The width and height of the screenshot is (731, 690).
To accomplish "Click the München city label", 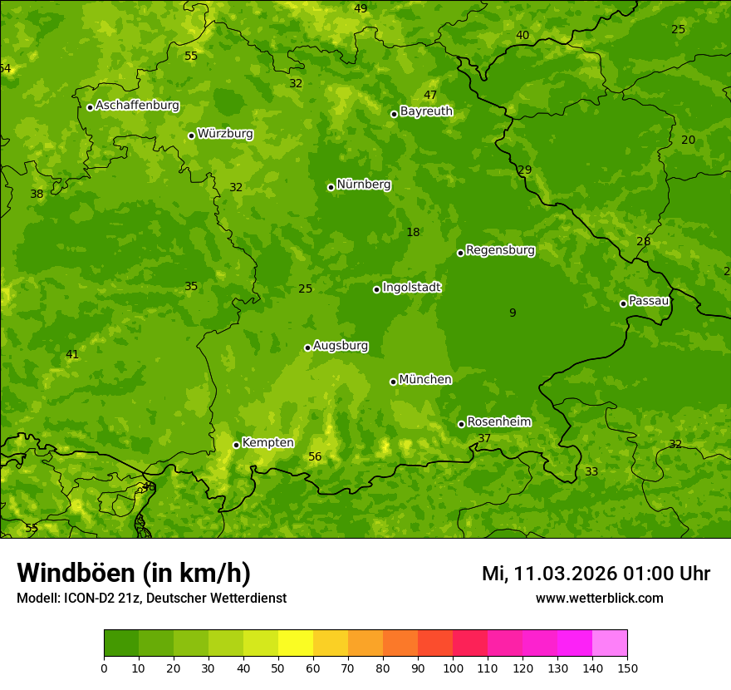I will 425,380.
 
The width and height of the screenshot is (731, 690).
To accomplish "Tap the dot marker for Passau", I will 623,303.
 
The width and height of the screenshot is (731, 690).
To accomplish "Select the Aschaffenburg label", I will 137,106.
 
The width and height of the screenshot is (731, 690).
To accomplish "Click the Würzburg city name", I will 225,134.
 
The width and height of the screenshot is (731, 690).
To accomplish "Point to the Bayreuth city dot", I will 394,114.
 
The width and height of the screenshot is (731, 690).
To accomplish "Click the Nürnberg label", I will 363,185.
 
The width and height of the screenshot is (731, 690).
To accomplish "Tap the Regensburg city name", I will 500,250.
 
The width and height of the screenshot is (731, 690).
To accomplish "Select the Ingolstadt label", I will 411,288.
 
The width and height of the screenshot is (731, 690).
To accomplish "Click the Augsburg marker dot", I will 307,347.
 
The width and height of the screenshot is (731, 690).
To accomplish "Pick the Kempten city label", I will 267,443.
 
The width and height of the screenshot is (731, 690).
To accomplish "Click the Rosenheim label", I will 498,422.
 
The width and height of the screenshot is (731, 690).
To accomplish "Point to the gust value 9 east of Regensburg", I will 513,313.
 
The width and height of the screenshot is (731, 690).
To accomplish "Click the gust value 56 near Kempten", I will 315,456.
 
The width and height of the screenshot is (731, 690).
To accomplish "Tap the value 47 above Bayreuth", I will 430,95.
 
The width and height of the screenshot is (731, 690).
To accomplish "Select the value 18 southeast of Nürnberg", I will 413,232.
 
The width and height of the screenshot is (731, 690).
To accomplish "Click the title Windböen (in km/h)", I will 134,573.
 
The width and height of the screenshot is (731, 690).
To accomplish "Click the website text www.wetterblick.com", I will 599,598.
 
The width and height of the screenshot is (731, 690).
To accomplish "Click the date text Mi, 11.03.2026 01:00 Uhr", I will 596,574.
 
